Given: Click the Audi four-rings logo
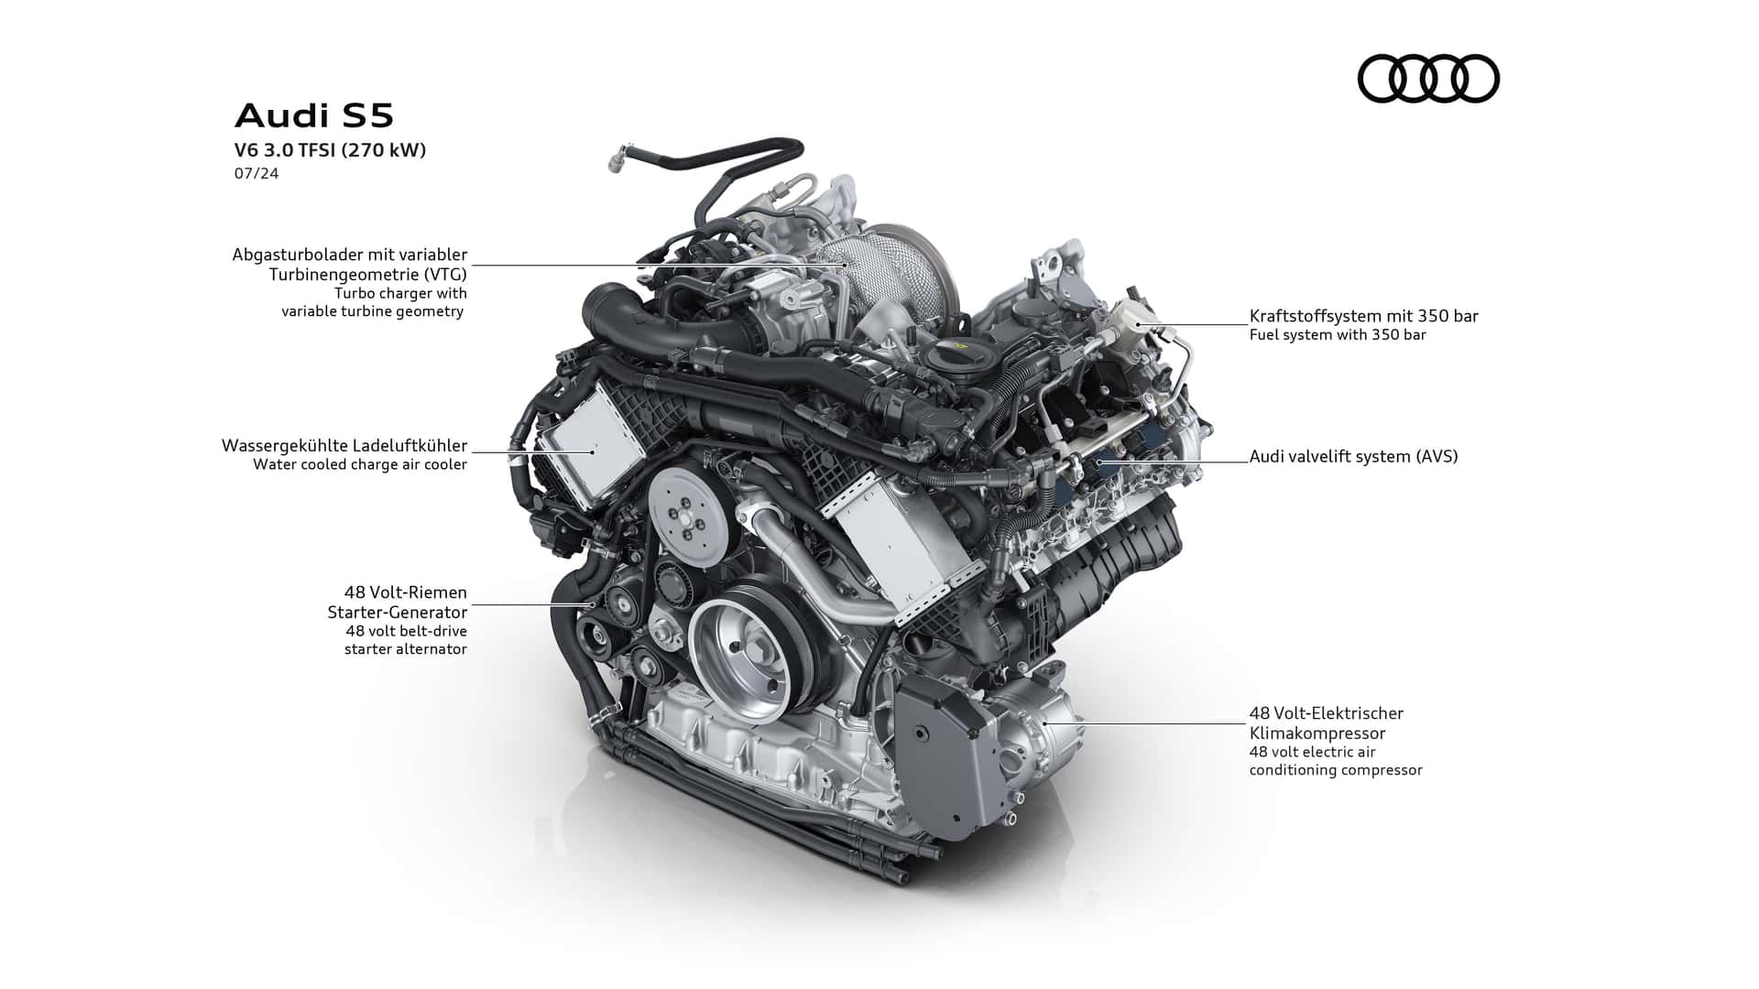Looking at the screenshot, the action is pyautogui.click(x=1428, y=78).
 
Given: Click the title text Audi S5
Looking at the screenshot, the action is pyautogui.click(x=314, y=116).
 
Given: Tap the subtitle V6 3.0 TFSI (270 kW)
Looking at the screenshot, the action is pyautogui.click(x=331, y=151).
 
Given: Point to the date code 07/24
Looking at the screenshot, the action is pyautogui.click(x=257, y=173).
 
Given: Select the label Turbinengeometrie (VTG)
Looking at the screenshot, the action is pyautogui.click(x=367, y=274).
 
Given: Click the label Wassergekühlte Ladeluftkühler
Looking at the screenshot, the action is pyautogui.click(x=344, y=446).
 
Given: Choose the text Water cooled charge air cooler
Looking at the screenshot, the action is pyautogui.click(x=360, y=464).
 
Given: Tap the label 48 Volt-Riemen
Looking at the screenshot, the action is pyautogui.click(x=406, y=592).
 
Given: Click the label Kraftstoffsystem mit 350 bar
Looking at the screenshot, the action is pyautogui.click(x=1364, y=316).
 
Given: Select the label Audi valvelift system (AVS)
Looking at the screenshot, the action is pyautogui.click(x=1354, y=456).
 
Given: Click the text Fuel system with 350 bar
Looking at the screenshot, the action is pyautogui.click(x=1338, y=335).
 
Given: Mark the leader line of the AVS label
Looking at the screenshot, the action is pyautogui.click(x=1174, y=462).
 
